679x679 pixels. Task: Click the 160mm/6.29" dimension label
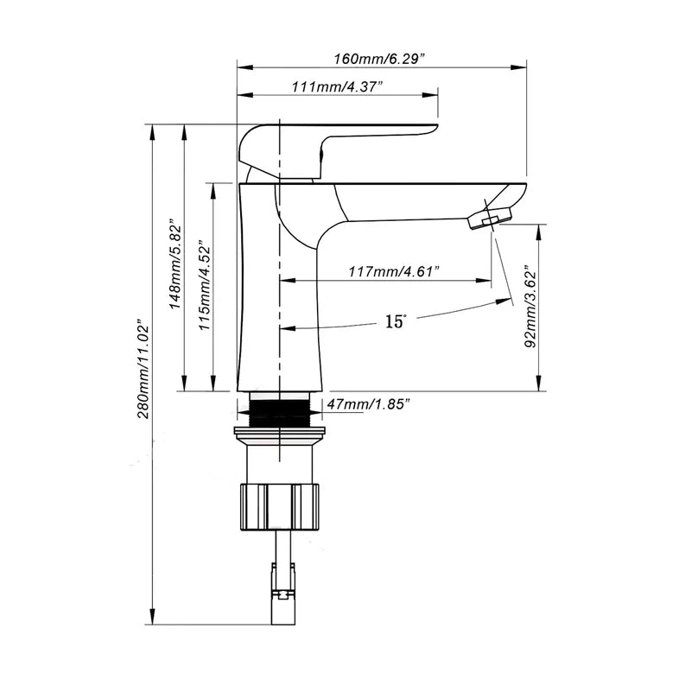coord(383,58)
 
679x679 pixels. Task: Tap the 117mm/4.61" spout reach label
coord(394,272)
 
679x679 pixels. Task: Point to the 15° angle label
coord(395,321)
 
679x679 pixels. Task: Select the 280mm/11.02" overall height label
coord(144,371)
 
